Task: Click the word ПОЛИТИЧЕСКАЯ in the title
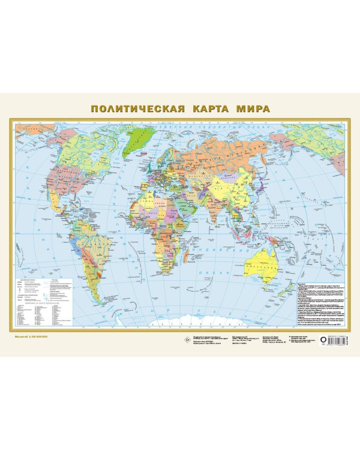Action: [x=136, y=109]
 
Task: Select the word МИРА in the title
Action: [x=253, y=109]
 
